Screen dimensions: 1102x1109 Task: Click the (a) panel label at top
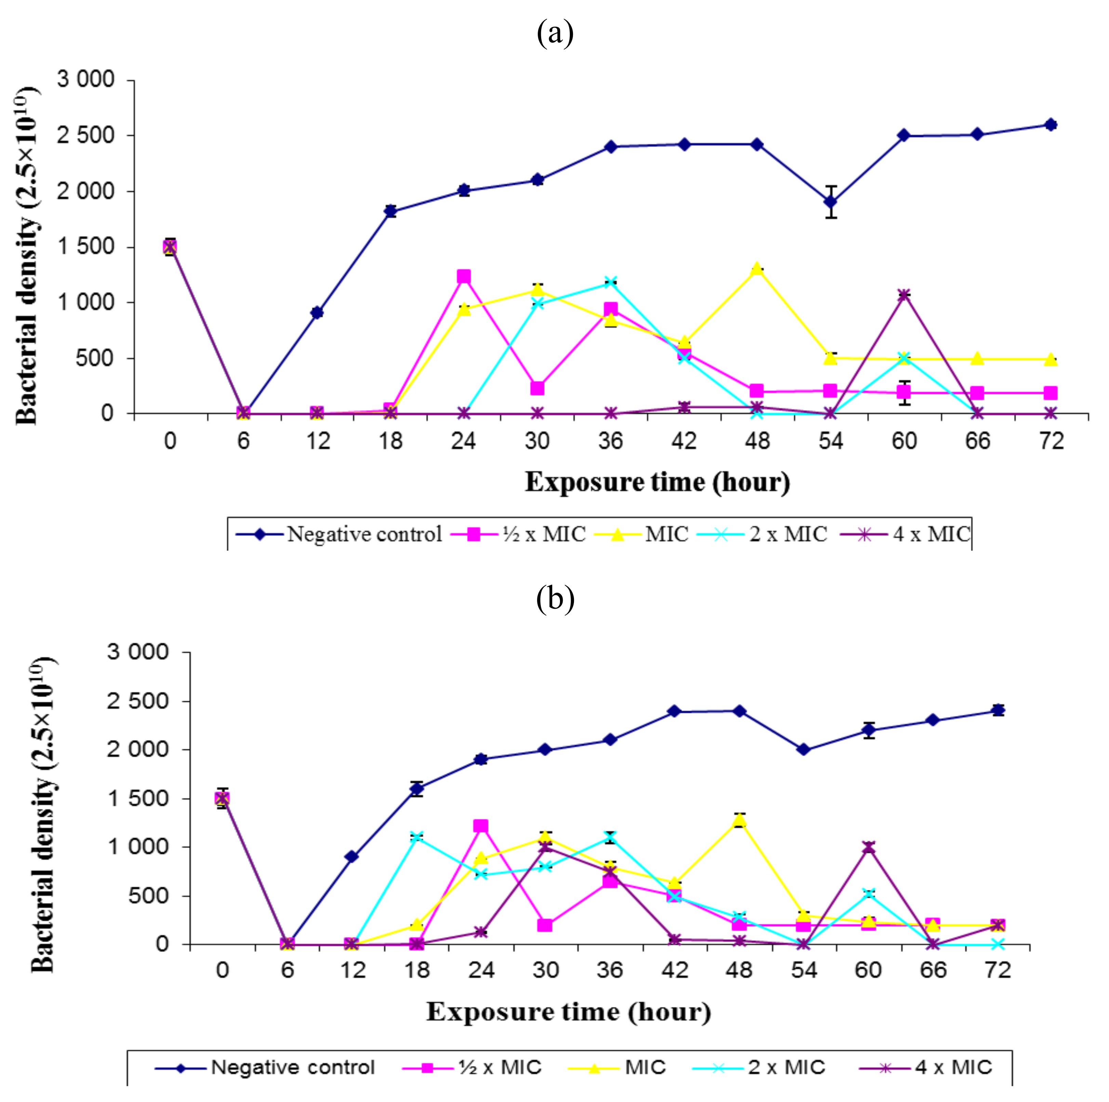[554, 33]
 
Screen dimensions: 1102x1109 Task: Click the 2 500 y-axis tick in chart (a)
[85, 135]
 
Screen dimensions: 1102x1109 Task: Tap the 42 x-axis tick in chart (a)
[684, 441]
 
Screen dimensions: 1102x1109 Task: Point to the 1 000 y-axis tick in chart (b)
[140, 847]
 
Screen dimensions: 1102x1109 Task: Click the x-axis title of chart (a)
[657, 482]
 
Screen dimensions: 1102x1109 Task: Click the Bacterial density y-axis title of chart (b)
[43, 815]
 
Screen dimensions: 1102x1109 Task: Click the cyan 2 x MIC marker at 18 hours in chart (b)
[417, 837]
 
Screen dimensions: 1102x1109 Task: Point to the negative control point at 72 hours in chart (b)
[998, 711]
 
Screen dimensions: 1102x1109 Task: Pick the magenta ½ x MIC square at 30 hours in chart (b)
[545, 925]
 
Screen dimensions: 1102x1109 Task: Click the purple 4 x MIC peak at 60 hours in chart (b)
[868, 847]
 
